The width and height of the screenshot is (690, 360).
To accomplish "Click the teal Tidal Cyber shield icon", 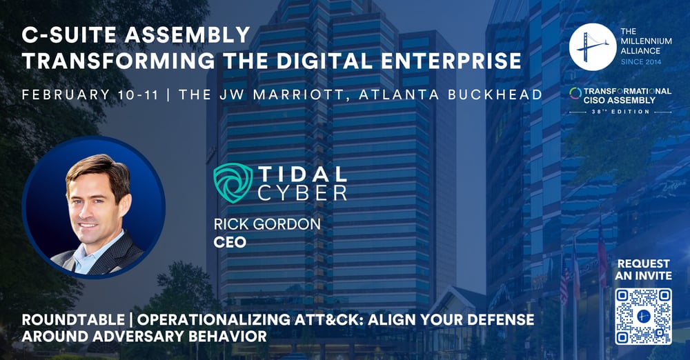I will click(233, 183).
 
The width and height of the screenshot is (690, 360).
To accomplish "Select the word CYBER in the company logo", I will click(302, 193).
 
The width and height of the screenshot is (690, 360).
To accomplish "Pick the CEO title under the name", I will click(230, 242).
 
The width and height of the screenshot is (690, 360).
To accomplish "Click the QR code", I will click(643, 317).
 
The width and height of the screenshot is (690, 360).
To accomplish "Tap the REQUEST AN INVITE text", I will click(644, 270).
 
